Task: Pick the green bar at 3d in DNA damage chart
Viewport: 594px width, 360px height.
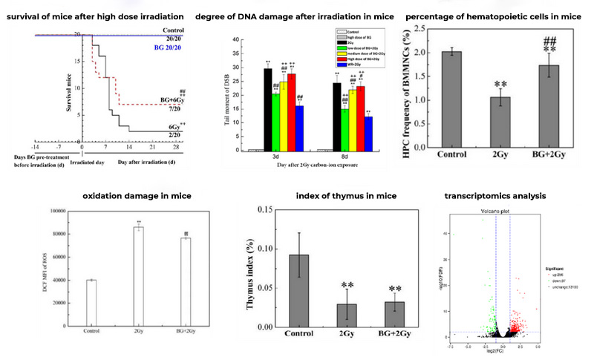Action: [276, 122]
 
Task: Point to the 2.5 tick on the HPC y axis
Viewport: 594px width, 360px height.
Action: [428, 29]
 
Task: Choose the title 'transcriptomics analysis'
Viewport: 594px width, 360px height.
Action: [493, 197]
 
